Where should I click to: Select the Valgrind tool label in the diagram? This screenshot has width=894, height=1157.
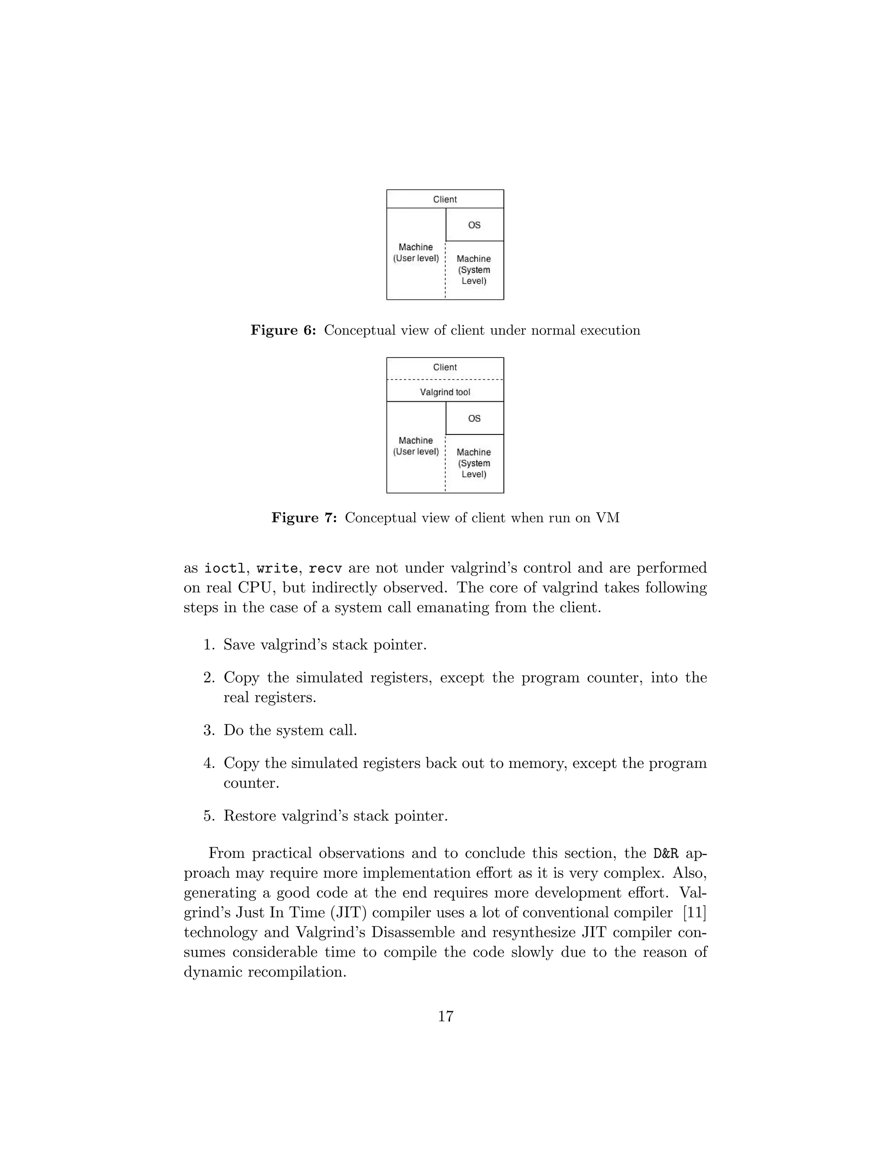445,392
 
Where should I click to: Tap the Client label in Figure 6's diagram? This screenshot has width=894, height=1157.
445,199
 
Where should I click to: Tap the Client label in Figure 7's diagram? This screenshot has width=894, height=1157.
445,367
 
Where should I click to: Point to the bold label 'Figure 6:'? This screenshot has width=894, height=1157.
283,331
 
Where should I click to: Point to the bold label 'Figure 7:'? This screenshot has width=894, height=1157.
304,517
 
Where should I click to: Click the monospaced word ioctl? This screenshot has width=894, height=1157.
225,568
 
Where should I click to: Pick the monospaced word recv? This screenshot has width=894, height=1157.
325,568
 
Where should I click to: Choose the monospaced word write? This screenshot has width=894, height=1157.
277,568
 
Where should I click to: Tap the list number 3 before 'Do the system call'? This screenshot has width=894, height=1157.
208,730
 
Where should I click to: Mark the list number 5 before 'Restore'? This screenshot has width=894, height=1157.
208,816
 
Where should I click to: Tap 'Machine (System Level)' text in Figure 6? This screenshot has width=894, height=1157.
474,270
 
